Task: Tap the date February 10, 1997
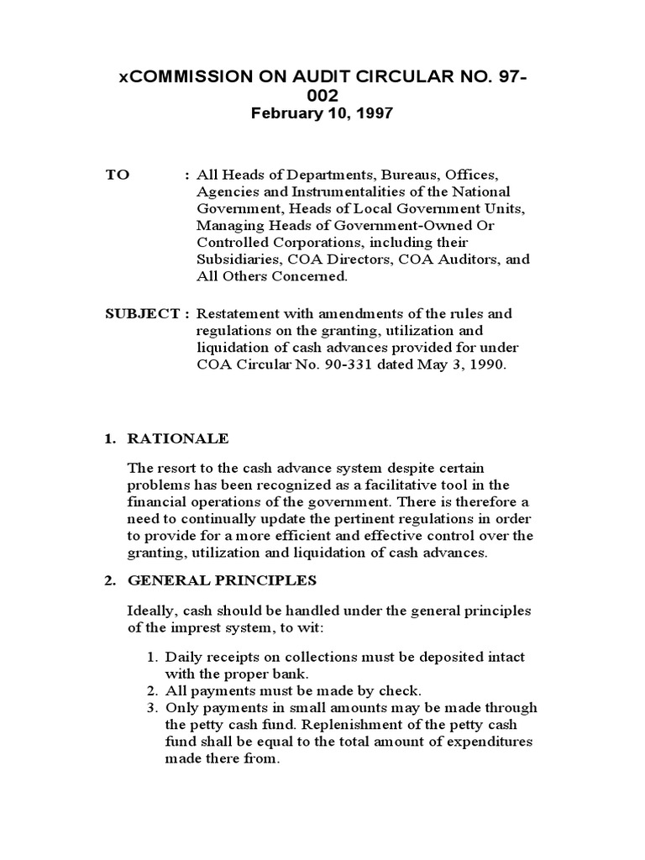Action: [x=322, y=113]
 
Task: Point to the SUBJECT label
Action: [x=140, y=313]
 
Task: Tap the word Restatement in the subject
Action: [x=237, y=313]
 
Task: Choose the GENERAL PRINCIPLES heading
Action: [x=221, y=579]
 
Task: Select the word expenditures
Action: [x=488, y=742]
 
